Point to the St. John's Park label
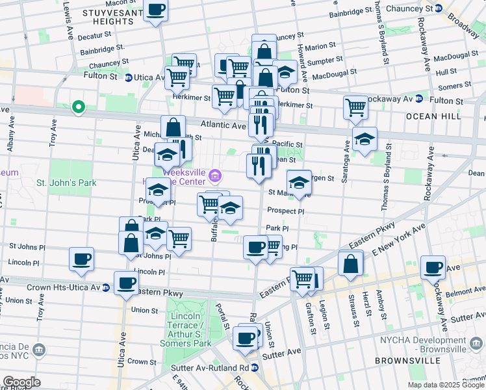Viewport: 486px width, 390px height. click(66, 183)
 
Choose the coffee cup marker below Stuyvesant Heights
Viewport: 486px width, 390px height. click(155, 11)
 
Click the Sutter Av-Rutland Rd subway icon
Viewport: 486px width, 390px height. click(255, 367)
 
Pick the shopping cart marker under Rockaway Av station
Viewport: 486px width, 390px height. click(355, 107)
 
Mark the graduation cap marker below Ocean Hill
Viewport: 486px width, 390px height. click(364, 138)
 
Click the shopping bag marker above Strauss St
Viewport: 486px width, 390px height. click(350, 264)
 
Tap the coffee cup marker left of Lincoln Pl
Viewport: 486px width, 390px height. click(82, 259)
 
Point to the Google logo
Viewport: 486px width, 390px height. click(21, 382)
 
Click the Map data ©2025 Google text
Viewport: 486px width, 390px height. click(446, 385)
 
